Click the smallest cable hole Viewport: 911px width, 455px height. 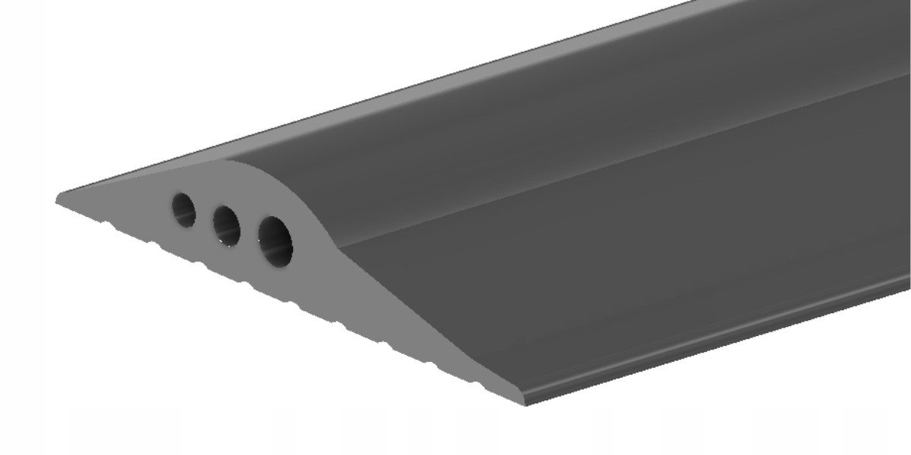tap(184, 209)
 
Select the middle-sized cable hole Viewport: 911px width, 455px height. tap(226, 225)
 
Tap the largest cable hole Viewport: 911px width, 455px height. tap(275, 241)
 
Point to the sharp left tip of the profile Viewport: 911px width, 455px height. tap(58, 200)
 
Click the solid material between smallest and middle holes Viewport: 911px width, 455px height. tap(204, 217)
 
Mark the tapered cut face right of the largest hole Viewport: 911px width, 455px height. tap(380, 303)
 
